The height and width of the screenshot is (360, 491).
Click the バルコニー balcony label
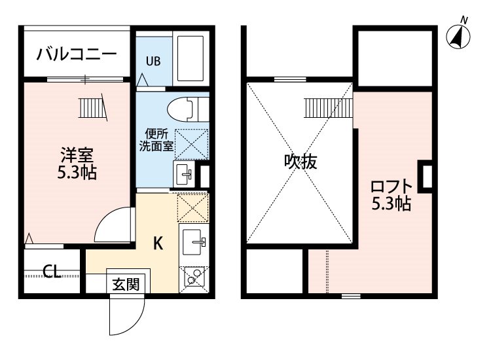point(76,54)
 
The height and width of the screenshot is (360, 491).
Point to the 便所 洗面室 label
point(156,140)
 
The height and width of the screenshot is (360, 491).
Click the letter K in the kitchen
point(158,243)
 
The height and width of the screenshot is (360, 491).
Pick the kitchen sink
point(194,243)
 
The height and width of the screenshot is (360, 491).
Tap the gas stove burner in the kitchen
point(193,279)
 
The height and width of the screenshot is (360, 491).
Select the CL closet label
point(52,271)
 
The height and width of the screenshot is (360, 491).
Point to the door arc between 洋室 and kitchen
point(114,226)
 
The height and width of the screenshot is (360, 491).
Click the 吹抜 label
point(300,161)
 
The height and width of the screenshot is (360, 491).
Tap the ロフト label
point(391,186)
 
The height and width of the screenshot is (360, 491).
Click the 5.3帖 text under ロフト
point(391,204)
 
